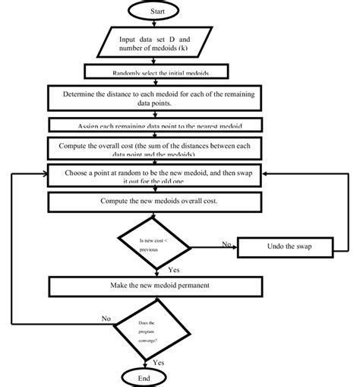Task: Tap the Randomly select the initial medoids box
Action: [155, 72]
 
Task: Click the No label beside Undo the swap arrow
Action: [226, 243]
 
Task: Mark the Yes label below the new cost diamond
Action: [173, 269]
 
